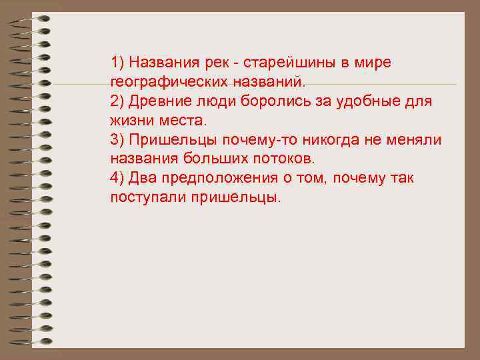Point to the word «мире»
click(371, 63)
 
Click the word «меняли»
click(415, 141)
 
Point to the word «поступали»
click(147, 199)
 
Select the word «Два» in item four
click(143, 179)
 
